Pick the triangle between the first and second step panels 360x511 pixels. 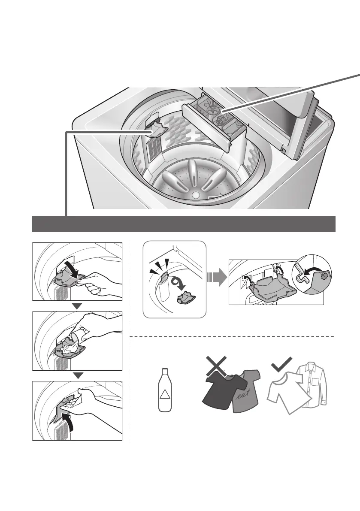(77, 305)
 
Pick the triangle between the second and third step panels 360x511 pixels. (77, 375)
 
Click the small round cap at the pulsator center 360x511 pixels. (196, 195)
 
